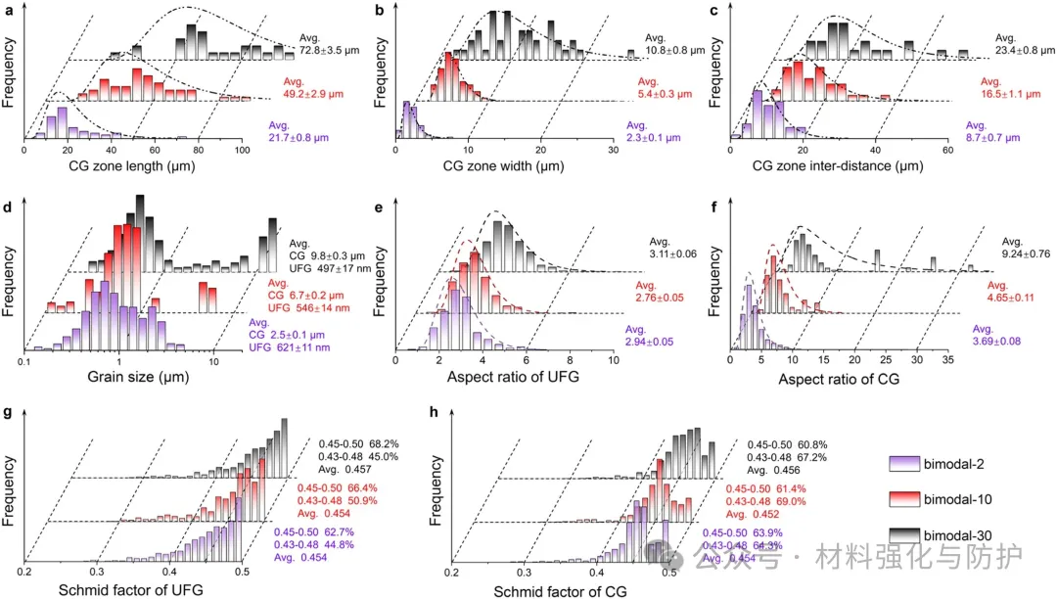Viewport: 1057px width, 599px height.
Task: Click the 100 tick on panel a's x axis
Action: (x=241, y=151)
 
